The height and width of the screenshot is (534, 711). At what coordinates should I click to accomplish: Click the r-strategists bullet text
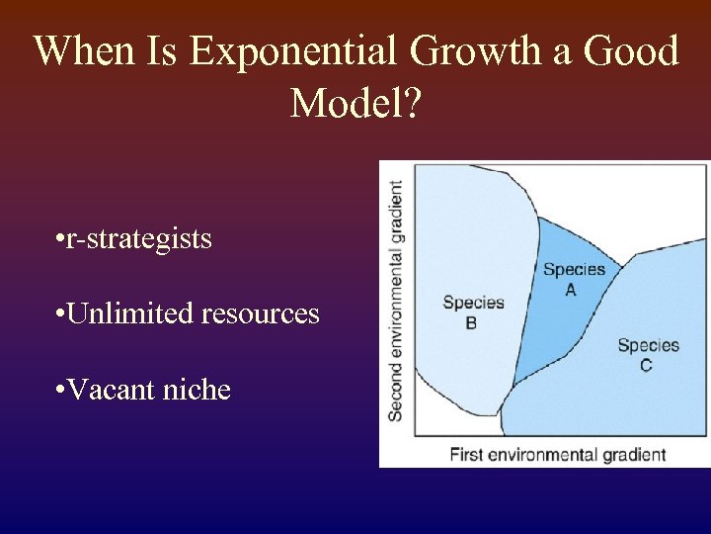tap(137, 238)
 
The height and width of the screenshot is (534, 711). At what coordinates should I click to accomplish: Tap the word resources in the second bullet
tap(260, 313)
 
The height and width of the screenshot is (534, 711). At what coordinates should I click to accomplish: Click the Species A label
tap(573, 279)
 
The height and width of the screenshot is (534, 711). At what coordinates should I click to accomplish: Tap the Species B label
tap(473, 312)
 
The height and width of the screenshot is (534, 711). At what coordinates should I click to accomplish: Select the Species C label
tap(648, 355)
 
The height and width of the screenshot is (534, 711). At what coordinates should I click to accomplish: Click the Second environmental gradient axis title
tap(396, 301)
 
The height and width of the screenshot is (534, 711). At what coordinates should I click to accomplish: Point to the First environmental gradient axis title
tap(557, 455)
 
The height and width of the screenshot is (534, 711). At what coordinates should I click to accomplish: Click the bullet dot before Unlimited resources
tap(61, 315)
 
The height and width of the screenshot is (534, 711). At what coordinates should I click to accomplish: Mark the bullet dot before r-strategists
tap(61, 240)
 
